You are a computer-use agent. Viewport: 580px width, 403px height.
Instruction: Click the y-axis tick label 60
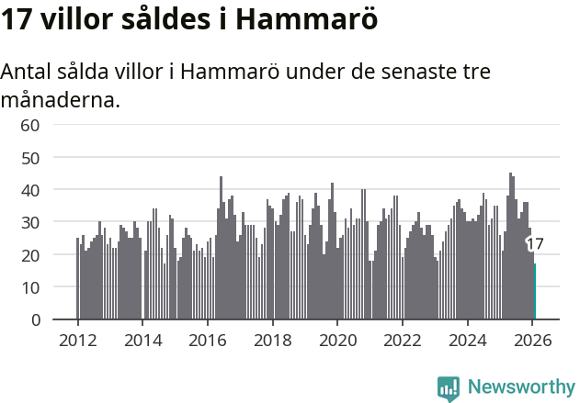30,125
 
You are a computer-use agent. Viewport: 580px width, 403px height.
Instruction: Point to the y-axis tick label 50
30,158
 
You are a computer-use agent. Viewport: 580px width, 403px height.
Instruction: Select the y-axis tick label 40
30,190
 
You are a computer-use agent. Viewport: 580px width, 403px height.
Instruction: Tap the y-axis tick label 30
30,223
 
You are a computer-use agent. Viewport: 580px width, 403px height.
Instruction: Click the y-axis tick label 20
30,255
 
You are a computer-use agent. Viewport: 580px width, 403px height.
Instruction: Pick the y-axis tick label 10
30,287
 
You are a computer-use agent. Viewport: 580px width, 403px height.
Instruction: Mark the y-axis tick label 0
36,320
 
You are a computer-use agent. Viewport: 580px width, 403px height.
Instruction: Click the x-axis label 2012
77,339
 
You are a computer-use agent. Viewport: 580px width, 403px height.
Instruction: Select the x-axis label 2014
142,339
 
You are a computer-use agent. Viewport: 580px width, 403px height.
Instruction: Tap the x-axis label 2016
208,339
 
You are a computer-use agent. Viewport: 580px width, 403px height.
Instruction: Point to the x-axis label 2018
272,339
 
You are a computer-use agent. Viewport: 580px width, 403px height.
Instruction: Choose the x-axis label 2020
337,339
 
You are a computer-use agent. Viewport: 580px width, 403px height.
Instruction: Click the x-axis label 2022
402,339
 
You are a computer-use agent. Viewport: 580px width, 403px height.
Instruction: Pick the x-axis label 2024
467,339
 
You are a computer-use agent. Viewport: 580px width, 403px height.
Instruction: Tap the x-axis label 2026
532,339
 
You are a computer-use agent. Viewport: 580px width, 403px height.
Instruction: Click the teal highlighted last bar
535,292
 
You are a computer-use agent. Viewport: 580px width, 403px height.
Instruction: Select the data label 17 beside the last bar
535,244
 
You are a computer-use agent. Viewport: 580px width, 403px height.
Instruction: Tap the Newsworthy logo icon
449,388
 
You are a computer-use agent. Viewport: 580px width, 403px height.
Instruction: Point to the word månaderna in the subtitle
61,100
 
